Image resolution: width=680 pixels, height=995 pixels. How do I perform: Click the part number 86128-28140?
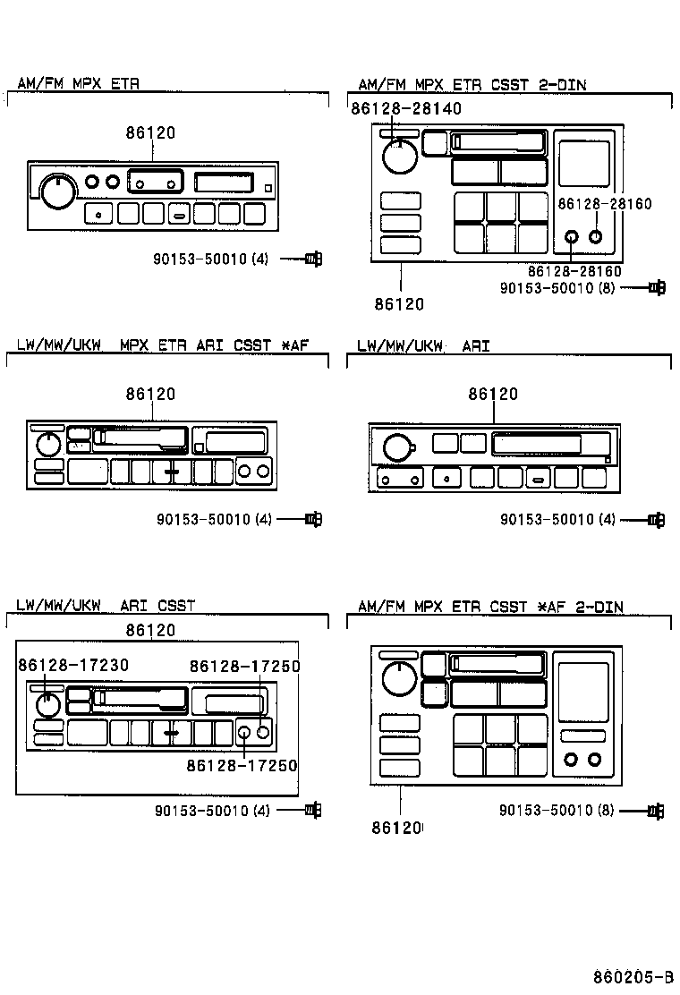tap(406, 108)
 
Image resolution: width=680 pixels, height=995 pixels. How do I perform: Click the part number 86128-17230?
tap(73, 665)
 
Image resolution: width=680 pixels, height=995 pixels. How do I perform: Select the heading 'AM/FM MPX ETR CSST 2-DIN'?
tap(472, 85)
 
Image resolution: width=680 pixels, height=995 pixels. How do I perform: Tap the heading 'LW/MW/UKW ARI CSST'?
tap(106, 606)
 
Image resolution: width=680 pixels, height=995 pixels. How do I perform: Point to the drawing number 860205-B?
tap(632, 975)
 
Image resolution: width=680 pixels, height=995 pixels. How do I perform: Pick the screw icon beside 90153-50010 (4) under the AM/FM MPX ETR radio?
tap(312, 259)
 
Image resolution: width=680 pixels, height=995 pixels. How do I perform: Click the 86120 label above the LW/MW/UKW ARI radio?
tap(493, 394)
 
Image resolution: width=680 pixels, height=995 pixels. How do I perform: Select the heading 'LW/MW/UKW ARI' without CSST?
tap(423, 345)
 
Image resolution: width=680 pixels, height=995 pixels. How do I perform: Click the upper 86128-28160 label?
tap(604, 204)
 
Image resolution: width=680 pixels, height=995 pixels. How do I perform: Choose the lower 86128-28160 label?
tap(574, 271)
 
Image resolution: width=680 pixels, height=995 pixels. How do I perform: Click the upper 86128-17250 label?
tap(244, 666)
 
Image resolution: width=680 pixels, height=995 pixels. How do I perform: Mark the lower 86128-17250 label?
tap(242, 765)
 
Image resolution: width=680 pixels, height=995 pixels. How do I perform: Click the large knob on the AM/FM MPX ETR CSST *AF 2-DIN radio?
tap(398, 679)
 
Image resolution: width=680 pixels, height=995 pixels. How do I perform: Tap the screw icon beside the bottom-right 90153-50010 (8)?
tap(656, 811)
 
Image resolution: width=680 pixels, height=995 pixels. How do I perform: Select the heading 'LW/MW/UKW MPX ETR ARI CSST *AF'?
tap(162, 345)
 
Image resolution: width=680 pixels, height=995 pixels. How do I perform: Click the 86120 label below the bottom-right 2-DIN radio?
tap(396, 829)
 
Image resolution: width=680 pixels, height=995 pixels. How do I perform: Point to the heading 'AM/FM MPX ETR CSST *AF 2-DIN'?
tap(490, 607)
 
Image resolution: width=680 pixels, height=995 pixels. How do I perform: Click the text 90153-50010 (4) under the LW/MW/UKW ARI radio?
tap(557, 519)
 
